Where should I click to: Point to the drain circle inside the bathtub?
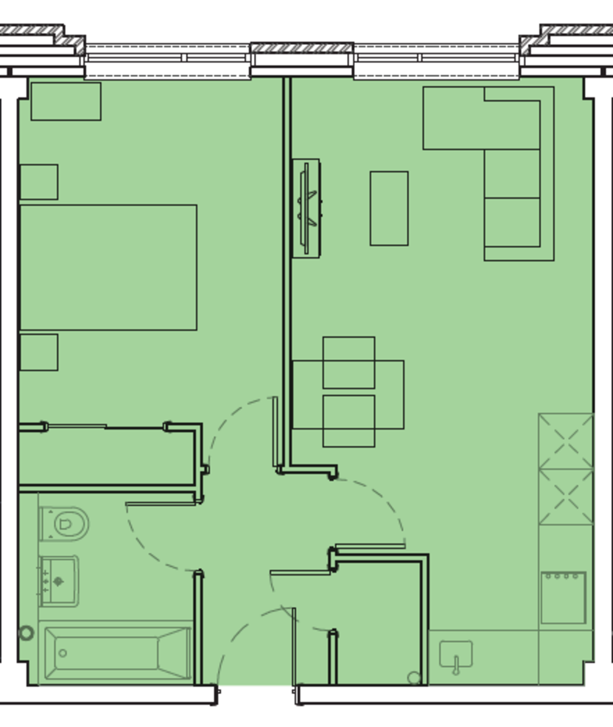tap(62, 653)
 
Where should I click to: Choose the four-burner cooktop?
tap(563, 597)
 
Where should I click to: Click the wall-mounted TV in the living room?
tap(306, 208)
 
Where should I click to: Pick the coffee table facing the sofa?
tap(389, 208)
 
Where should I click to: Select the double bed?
tap(108, 267)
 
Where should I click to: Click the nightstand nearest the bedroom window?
tap(39, 182)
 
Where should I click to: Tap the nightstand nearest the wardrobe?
tap(39, 352)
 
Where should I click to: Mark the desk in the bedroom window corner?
tap(66, 101)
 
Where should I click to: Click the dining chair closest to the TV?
tap(348, 362)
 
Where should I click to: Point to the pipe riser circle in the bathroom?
tap(26, 633)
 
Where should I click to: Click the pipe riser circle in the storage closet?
tap(414, 677)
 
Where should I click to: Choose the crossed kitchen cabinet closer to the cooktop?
tap(566, 497)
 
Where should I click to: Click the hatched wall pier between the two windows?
tap(302, 48)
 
